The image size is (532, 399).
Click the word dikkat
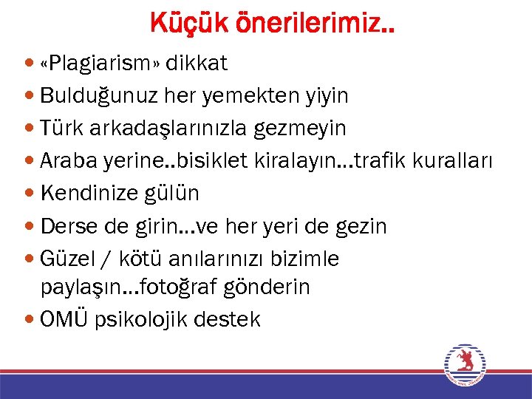pos(197,64)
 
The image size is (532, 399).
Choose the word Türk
pos(61,129)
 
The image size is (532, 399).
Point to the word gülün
pos(177,194)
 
